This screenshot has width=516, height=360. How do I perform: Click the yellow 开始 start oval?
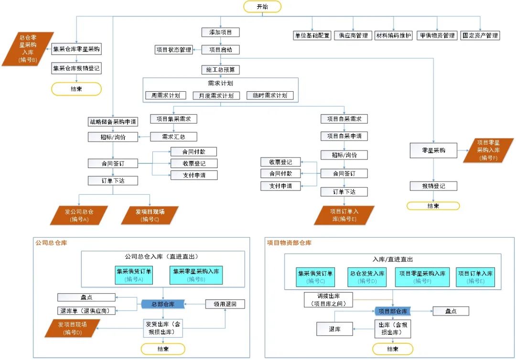pos(262,6)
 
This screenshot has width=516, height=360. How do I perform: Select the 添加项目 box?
pos(220,32)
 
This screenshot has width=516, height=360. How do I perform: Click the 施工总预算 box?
pos(220,70)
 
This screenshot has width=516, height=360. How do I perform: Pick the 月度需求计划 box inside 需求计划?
pos(216,95)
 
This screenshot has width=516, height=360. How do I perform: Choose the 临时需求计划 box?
pos(270,95)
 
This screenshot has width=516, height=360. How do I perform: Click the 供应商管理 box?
pos(353,35)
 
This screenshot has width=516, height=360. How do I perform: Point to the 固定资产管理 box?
pos(480,35)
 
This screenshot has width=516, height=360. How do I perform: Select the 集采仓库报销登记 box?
pos(77,69)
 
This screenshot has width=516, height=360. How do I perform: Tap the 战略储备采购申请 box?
pos(113,122)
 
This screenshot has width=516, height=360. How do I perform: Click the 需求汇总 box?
pos(173,137)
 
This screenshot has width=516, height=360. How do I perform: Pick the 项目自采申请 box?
pos(344,136)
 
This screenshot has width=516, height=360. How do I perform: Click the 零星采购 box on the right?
pos(433,150)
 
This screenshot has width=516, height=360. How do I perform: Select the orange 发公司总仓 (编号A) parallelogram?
pos(80,215)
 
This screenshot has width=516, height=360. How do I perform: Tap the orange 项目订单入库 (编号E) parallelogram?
pos(344,215)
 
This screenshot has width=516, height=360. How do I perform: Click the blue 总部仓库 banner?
pos(163,304)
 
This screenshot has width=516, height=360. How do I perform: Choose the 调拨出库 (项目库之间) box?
pos(328,299)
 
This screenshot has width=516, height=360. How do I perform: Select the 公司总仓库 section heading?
pos(51,243)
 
